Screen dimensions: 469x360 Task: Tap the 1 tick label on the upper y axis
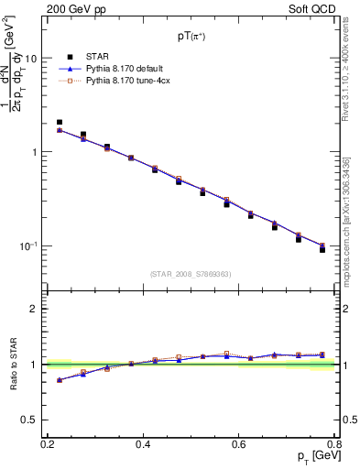pos(36,152)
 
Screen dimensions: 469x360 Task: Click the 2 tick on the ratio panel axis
pos(36,309)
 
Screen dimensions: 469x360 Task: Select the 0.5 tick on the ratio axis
pos(31,420)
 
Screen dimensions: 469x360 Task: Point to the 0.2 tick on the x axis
pos(48,443)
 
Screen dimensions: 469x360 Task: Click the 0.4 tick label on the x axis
pos(143,443)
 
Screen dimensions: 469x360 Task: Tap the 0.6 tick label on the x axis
pos(238,443)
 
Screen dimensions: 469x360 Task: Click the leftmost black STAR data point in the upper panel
pos(60,122)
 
